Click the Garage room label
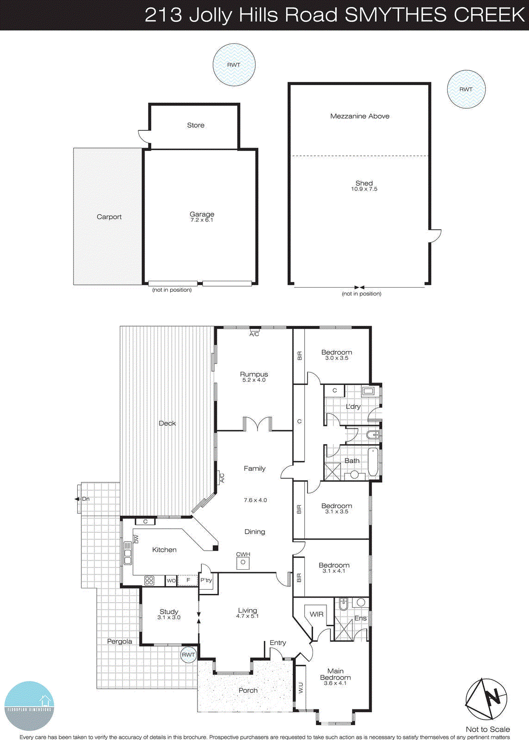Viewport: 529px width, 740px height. [202, 214]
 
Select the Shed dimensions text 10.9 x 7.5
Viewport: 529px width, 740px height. [364, 189]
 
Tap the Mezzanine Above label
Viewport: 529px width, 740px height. [360, 116]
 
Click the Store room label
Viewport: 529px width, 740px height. [196, 125]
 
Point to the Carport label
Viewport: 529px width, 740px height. [109, 217]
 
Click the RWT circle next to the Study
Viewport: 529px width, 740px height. [188, 654]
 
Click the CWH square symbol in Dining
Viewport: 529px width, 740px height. [243, 563]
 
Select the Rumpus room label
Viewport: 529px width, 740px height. [254, 374]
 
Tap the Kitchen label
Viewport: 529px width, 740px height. [164, 550]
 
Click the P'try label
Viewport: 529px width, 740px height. [206, 580]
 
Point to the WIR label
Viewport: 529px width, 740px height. [316, 614]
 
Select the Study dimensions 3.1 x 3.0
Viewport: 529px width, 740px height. [169, 617]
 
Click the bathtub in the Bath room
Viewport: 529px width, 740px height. [373, 462]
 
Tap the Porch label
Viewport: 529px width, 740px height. [248, 691]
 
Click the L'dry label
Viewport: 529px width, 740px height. [353, 407]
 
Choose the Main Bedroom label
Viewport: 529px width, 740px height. [335, 674]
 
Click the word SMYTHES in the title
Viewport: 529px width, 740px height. [396, 15]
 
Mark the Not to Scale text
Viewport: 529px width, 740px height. [487, 729]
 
